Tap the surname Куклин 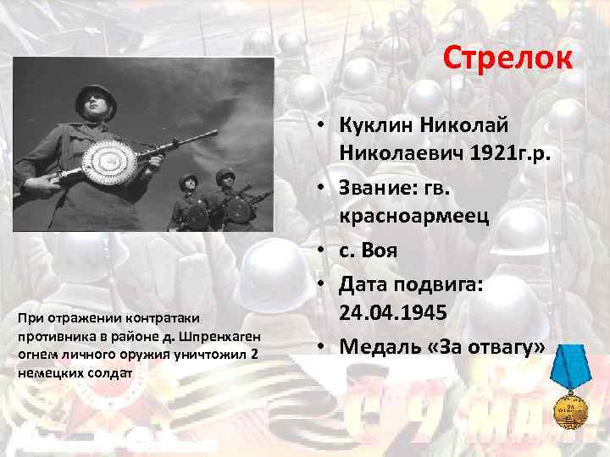click(374, 125)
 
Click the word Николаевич click(391, 151)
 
